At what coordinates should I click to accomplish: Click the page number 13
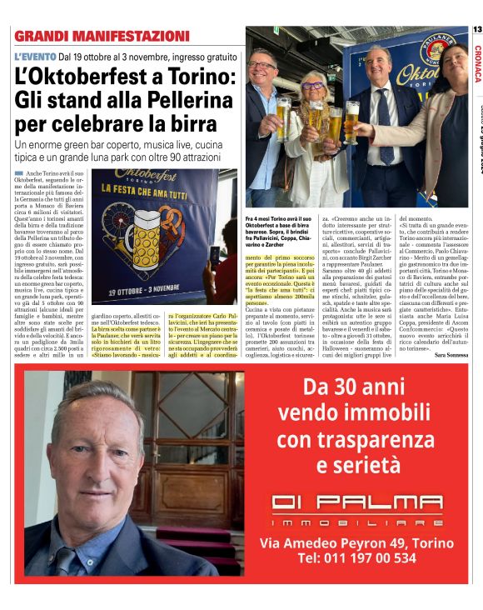(x=476, y=30)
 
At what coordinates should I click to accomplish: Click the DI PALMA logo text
(x=359, y=502)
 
